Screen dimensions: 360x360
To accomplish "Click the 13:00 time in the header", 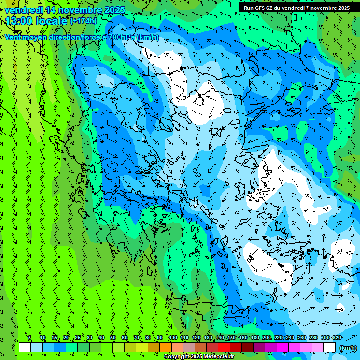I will tap(18, 21).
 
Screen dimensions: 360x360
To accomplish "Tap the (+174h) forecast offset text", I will tap(83, 21).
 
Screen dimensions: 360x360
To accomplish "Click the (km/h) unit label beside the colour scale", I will tap(348, 348).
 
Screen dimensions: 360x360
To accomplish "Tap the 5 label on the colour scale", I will tap(30, 337).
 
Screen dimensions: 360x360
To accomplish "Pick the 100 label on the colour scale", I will tap(173, 337).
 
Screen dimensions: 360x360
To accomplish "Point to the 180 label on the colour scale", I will tap(255, 337).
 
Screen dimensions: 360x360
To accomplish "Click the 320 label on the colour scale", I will tap(337, 337).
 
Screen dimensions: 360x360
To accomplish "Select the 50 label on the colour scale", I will tap(113, 337).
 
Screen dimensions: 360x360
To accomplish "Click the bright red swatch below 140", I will tap(224, 347).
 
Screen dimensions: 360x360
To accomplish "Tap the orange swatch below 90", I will tap(165, 347).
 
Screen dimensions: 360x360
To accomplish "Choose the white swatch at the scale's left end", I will tap(24, 347).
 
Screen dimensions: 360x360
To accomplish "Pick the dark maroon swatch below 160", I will tap(247, 347).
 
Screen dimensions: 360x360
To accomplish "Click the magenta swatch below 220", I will tap(283, 347).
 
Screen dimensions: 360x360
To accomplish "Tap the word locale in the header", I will tap(51, 21).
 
